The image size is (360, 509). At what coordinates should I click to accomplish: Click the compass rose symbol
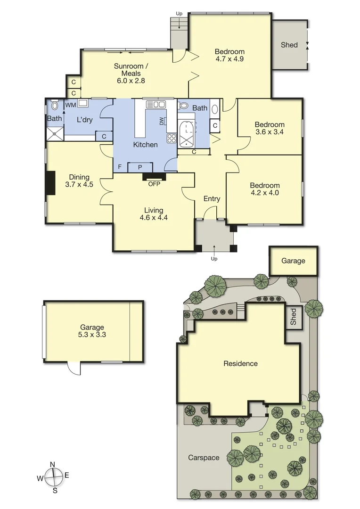(54, 477)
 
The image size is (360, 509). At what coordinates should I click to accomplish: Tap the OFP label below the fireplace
(154, 184)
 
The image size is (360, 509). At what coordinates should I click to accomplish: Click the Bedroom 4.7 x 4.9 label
(229, 55)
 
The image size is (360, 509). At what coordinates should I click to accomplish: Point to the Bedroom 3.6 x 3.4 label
(270, 128)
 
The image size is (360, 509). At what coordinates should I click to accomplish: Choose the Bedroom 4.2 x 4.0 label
(264, 189)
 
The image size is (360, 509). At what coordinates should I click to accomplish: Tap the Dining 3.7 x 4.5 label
(79, 181)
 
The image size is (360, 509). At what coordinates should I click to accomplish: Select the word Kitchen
(146, 145)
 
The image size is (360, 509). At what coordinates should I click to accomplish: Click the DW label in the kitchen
(163, 121)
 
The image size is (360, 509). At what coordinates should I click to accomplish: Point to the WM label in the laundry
(70, 105)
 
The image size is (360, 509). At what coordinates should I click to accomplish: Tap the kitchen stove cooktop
(171, 138)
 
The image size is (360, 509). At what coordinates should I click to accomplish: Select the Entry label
(212, 198)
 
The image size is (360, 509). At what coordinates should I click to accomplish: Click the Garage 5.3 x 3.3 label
(92, 331)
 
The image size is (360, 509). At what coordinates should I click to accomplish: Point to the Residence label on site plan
(240, 363)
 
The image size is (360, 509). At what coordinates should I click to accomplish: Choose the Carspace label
(204, 457)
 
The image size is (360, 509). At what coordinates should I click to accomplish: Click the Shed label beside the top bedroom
(289, 45)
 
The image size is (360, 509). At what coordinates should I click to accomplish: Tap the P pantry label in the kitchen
(140, 167)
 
